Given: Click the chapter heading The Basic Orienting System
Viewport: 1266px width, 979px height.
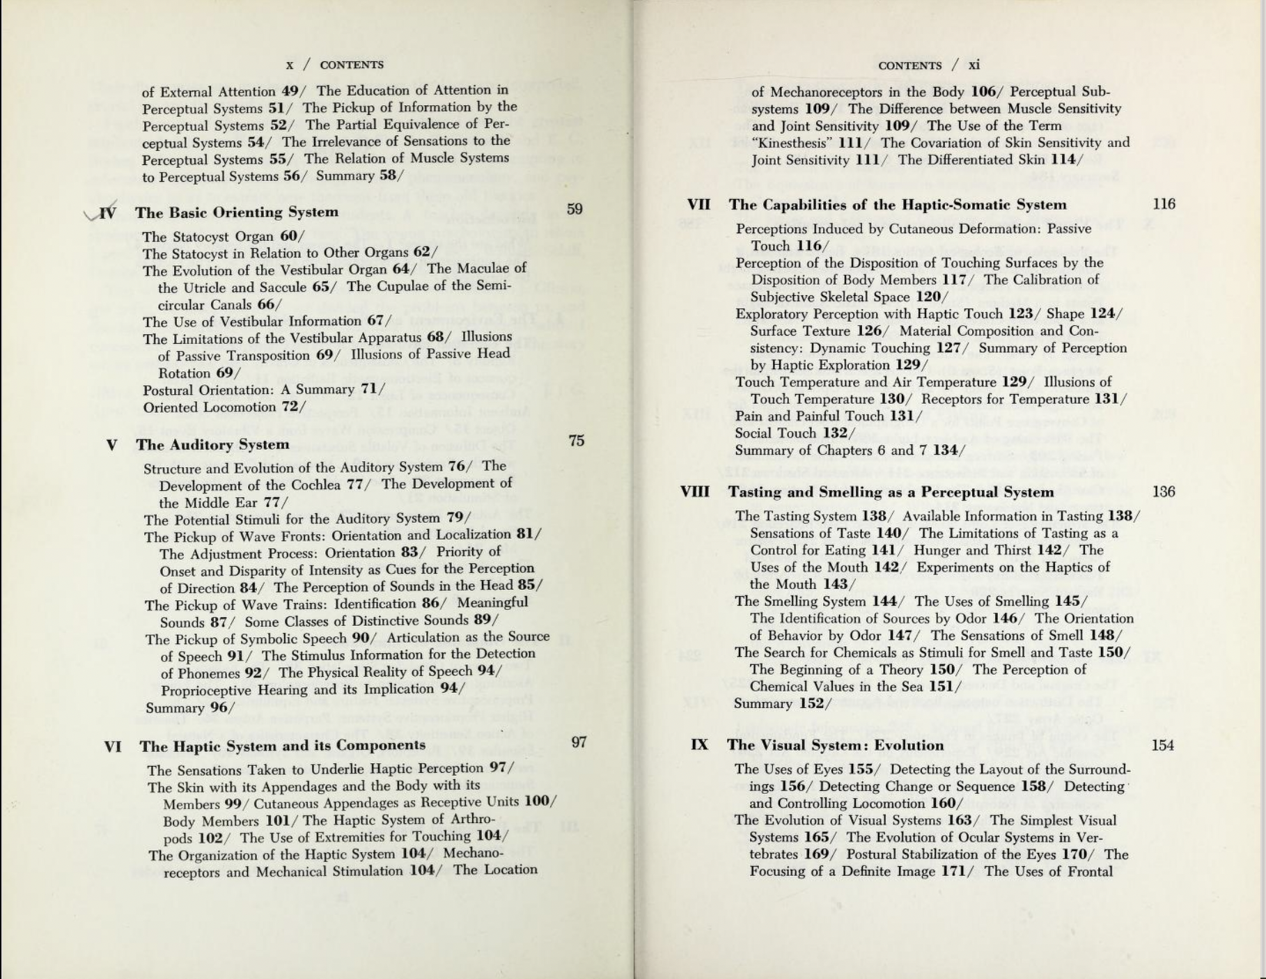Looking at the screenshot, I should pos(237,212).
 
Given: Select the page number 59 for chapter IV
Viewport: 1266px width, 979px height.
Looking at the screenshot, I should pos(575,209).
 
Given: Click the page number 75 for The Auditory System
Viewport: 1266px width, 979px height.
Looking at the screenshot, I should pos(576,441).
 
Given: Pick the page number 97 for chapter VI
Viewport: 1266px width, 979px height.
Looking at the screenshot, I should pos(579,742).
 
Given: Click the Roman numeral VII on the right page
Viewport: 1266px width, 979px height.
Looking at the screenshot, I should pos(698,205).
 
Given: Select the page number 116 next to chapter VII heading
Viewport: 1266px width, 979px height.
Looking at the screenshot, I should pos(1164,204).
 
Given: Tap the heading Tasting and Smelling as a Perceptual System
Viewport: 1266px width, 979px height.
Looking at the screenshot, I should pos(891,492).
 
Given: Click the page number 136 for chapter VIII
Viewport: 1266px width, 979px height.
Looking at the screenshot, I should pos(1164,492).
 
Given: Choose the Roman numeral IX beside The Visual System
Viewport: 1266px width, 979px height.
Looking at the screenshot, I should pos(699,745).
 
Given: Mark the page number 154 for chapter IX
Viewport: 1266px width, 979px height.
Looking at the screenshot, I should pos(1162,745).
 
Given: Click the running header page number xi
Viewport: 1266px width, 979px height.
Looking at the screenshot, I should pos(974,65).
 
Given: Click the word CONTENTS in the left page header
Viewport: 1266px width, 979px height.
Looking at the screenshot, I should pos(352,65).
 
